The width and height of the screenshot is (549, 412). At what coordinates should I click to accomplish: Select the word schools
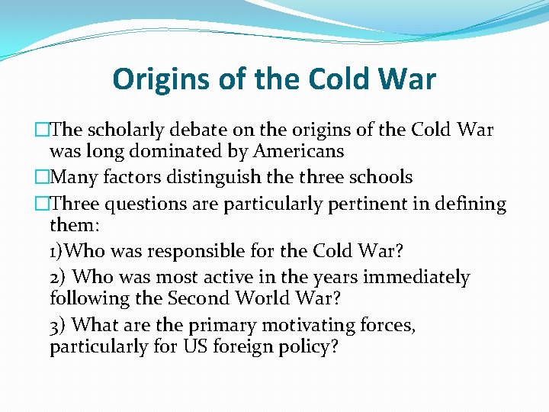379,178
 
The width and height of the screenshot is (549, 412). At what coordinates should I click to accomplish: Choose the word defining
470,204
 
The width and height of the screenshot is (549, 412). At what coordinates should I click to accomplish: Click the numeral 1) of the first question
57,251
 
